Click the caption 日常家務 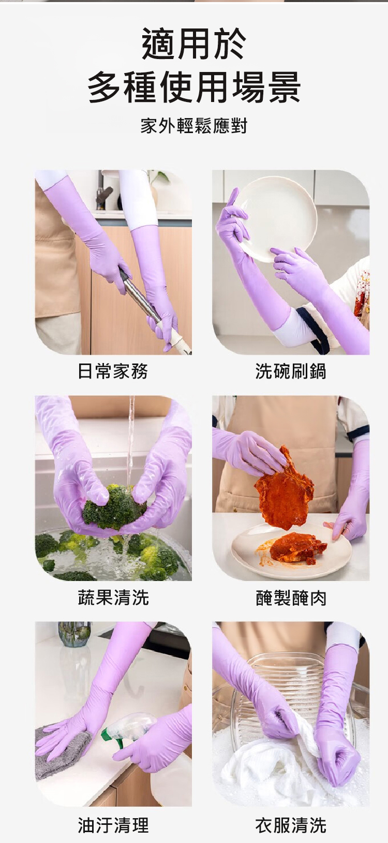113,371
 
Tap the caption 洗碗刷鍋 291,371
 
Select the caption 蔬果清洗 113,597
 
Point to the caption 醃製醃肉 291,598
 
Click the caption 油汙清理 113,825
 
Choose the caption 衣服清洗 291,825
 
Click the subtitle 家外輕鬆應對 193,125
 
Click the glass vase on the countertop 74,634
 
